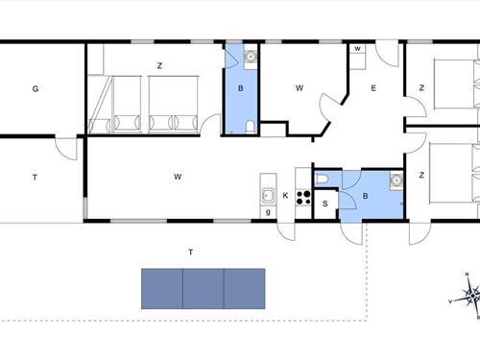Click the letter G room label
coord(35,89)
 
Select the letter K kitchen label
coord(285,196)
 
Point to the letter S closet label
coord(325,203)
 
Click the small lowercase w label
coord(357,48)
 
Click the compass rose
coord(468,293)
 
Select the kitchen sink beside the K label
coord(269,197)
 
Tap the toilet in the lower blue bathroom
coord(323,179)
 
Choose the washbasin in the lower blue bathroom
coord(395,180)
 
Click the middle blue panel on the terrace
coord(203,288)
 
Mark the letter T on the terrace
coord(190,252)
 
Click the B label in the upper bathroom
coord(241,88)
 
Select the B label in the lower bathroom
coord(365,196)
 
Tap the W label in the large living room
coord(178,177)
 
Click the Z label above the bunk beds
coord(158,65)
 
